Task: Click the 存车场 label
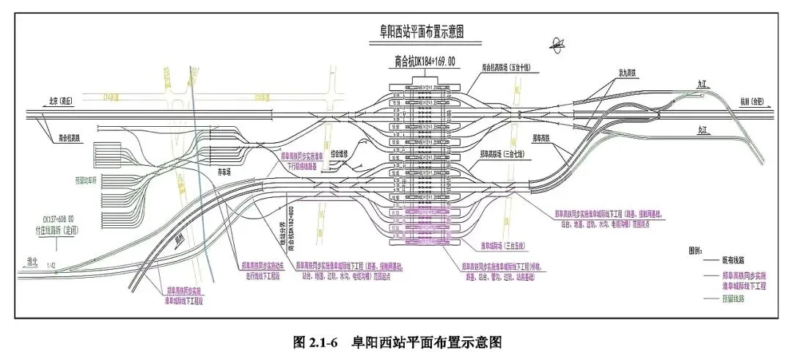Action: pyautogui.click(x=225, y=171)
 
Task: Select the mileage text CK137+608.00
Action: pyautogui.click(x=70, y=219)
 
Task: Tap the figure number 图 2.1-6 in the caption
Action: pyautogui.click(x=315, y=342)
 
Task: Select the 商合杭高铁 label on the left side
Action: pyautogui.click(x=73, y=136)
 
